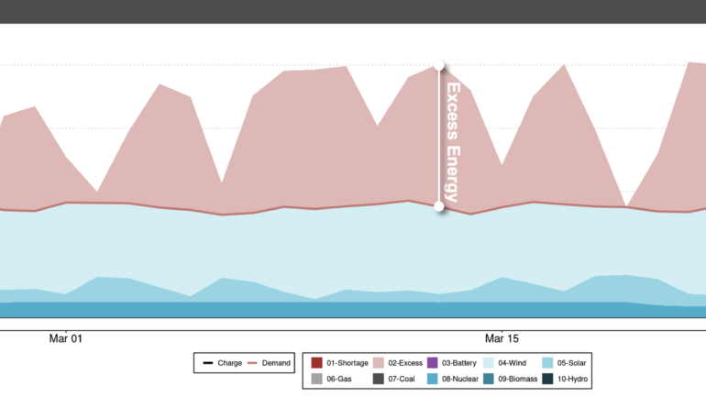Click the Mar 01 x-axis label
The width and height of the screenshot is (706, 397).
(x=66, y=337)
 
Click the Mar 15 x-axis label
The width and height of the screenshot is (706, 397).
(x=502, y=337)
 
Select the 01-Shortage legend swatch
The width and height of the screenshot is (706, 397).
(x=316, y=363)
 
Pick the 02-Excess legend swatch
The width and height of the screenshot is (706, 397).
(x=379, y=363)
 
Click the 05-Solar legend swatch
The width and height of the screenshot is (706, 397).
(x=547, y=363)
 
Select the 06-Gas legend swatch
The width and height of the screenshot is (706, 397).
(x=316, y=379)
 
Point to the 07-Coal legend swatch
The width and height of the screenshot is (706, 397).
(x=379, y=379)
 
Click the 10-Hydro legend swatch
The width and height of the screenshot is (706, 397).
(x=547, y=379)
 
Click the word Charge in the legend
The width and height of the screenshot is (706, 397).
(x=229, y=363)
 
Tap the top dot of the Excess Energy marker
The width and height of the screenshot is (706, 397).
(x=440, y=67)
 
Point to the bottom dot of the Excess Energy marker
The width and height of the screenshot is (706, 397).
(x=440, y=206)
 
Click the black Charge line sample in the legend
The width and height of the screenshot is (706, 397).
(x=208, y=363)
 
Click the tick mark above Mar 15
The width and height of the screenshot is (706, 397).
(x=502, y=323)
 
